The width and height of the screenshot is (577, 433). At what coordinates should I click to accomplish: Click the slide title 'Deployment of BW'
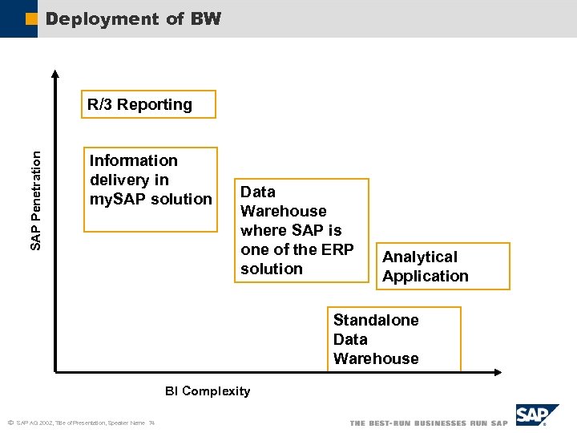pyautogui.click(x=133, y=18)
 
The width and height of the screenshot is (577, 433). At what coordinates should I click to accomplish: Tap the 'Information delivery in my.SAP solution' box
pyautogui.click(x=151, y=189)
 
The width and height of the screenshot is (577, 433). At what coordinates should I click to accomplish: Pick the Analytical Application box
pyautogui.click(x=442, y=266)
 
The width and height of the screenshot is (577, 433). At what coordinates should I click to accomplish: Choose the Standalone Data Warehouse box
pyautogui.click(x=394, y=339)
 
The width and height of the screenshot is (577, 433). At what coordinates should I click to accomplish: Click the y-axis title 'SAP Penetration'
pyautogui.click(x=36, y=196)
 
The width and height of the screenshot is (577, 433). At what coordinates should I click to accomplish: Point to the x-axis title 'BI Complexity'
pyautogui.click(x=208, y=391)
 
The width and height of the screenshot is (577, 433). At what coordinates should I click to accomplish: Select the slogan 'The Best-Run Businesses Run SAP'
pyautogui.click(x=429, y=423)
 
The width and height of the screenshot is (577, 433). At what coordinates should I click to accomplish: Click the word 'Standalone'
pyautogui.click(x=376, y=320)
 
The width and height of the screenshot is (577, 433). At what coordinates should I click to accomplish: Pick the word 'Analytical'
pyautogui.click(x=420, y=257)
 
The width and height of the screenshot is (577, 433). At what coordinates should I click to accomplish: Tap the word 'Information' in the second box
pyautogui.click(x=134, y=160)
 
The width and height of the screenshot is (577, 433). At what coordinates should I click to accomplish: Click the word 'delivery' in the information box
pyautogui.click(x=117, y=180)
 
